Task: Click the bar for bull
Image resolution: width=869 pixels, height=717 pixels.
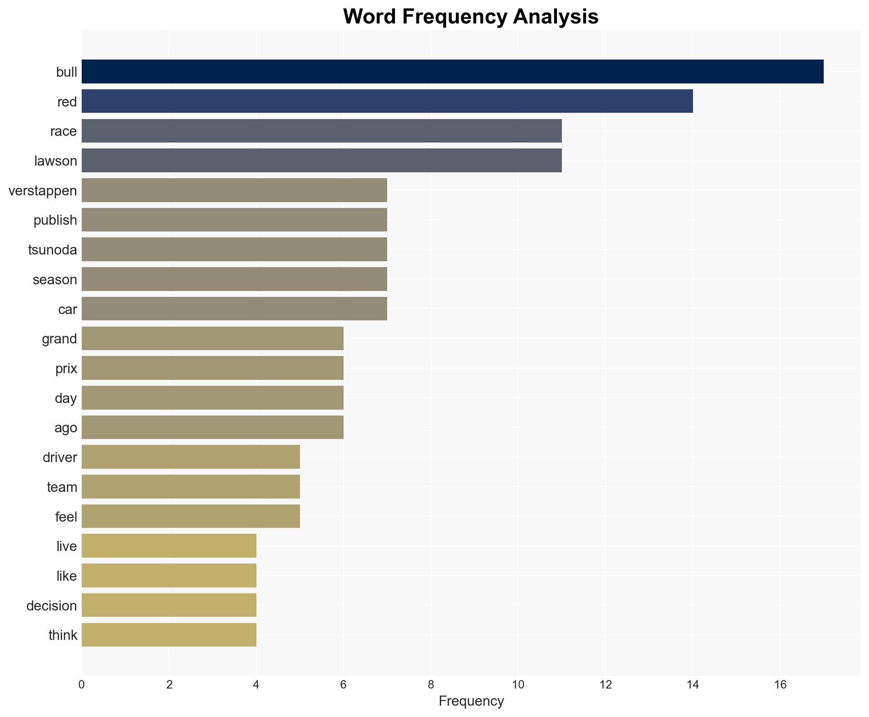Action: [x=453, y=72]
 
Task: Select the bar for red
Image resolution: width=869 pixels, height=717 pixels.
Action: [x=387, y=101]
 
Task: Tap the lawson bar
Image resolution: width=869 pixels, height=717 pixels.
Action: [x=321, y=161]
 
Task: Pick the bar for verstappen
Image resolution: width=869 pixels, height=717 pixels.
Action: [x=234, y=190]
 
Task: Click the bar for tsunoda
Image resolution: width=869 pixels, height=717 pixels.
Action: [x=234, y=249]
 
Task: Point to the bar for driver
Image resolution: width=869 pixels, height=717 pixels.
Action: [x=191, y=457]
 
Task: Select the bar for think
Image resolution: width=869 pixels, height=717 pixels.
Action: [x=169, y=635]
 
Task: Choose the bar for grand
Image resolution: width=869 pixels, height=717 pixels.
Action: [x=212, y=338]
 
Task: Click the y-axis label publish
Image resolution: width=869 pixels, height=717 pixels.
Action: [x=55, y=220]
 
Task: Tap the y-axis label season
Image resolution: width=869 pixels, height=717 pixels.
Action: [x=55, y=280]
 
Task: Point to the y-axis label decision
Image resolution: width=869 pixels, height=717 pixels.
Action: [x=52, y=606]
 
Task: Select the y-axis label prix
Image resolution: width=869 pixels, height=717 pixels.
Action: [x=66, y=369]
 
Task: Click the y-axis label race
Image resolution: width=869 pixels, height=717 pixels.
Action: [x=63, y=132]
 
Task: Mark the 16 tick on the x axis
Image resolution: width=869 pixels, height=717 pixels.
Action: [x=780, y=685]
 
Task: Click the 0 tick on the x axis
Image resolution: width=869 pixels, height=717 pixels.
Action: [x=82, y=685]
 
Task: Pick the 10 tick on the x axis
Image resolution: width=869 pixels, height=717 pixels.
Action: [x=518, y=685]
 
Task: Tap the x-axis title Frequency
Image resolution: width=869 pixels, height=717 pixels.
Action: [x=471, y=701]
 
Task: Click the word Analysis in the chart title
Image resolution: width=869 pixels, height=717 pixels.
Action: [x=556, y=17]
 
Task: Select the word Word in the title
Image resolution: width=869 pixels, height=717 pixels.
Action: [x=370, y=17]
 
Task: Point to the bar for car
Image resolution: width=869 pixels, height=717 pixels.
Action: [x=234, y=309]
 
